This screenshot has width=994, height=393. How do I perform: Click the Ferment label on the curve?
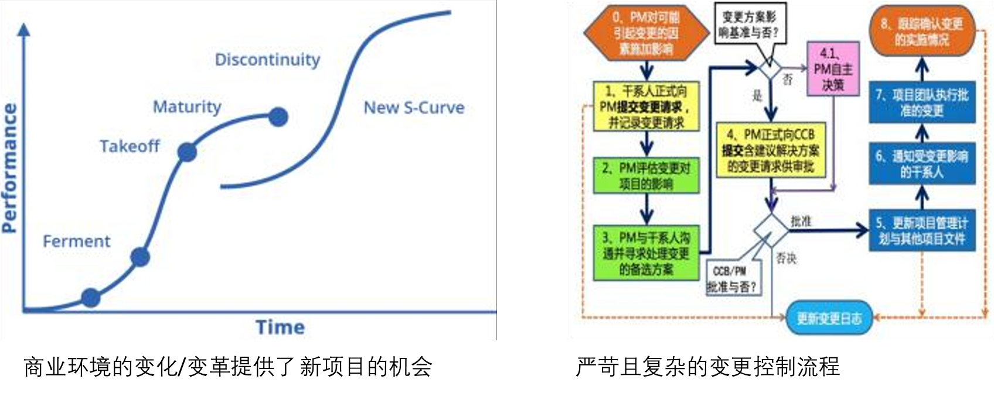[x=76, y=241]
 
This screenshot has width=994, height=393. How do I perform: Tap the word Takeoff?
[x=130, y=146]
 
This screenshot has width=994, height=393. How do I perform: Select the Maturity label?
[x=187, y=107]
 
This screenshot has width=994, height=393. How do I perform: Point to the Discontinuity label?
[x=267, y=60]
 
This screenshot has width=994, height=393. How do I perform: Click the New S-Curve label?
[x=414, y=108]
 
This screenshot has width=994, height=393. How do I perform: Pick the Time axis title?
[x=280, y=327]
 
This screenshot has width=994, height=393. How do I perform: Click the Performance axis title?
[x=10, y=169]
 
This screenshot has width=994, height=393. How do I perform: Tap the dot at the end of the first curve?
[x=278, y=117]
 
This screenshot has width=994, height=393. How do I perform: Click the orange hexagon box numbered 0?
[x=646, y=33]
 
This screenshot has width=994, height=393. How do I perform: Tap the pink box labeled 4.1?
[x=833, y=69]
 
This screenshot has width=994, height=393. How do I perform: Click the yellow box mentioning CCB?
[x=771, y=151]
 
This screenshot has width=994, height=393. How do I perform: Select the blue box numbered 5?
[x=922, y=230]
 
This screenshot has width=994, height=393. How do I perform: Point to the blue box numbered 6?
[x=922, y=163]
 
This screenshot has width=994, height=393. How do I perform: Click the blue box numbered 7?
[x=922, y=102]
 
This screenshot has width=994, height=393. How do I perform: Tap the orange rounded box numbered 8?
[x=922, y=32]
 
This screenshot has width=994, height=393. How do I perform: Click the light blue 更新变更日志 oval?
[x=829, y=318]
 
